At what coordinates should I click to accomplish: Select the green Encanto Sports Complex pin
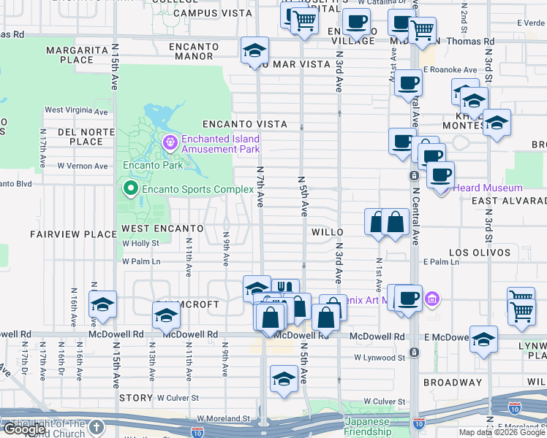(131, 190)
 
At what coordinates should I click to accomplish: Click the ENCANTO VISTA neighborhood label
(234, 124)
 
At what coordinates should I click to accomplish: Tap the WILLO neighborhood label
(328, 231)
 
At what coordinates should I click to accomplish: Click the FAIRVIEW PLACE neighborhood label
(73, 234)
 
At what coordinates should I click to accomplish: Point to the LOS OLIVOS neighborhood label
(480, 253)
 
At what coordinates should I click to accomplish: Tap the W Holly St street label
(141, 243)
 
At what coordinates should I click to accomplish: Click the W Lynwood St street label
(380, 358)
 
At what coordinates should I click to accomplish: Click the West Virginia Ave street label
(76, 111)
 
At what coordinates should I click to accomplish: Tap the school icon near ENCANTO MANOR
(254, 50)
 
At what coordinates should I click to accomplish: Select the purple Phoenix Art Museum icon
(431, 298)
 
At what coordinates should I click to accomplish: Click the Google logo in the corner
(25, 429)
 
